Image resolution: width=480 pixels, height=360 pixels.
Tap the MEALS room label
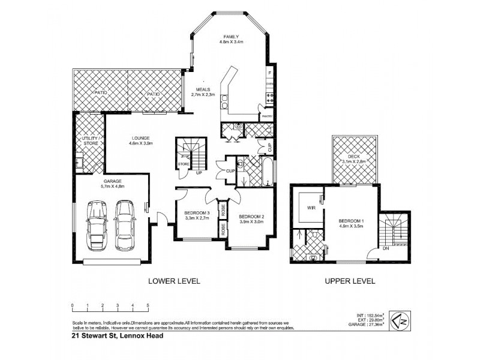click(202, 89)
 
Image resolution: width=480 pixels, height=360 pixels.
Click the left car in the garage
click(97, 226)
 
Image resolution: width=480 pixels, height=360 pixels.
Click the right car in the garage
click(124, 221)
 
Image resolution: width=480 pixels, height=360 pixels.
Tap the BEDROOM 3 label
click(196, 214)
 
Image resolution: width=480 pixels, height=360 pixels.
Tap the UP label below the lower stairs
click(199, 173)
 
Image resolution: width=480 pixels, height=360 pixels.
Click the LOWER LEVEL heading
click(174, 281)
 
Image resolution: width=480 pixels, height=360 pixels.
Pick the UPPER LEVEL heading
click(350, 281)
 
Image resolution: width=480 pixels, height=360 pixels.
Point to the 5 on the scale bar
click(148, 306)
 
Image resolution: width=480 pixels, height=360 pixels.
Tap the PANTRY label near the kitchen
click(266, 116)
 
